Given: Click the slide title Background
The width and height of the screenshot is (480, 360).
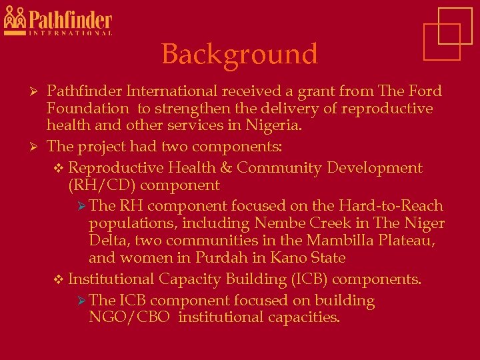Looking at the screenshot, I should pos(239,54).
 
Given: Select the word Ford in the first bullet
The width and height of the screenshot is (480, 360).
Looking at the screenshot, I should pos(425,91).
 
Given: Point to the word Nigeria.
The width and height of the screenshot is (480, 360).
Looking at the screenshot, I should pos(275,125).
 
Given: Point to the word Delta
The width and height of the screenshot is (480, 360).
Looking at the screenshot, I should pos(108,241).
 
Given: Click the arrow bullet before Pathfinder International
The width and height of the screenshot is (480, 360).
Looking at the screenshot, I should pos(38,91).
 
